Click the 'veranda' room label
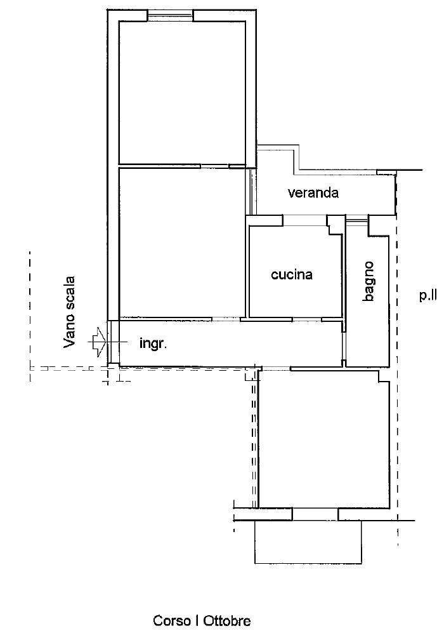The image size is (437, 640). coord(313,192)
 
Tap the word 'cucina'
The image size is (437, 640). coord(292,274)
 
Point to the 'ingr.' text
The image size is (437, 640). coord(153,343)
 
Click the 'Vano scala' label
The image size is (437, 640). coord(70,312)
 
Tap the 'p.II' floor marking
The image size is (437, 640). coord(427,295)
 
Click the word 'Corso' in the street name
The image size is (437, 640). coord(172,621)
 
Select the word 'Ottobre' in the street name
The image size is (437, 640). coord(227,621)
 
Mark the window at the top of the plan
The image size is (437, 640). coord(170,15)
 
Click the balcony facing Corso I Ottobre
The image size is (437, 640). coord(308,542)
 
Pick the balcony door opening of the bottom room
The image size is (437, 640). coord(315,514)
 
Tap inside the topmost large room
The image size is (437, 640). coord(182,92)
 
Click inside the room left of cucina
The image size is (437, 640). coord(182,242)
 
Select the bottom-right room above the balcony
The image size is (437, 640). coord(324,439)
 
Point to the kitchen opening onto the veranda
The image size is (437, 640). coord(305,220)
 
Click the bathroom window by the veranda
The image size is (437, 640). coord(356,220)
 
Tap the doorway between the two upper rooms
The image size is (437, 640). coord(214,166)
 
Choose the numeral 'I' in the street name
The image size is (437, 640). coord(197,621)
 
